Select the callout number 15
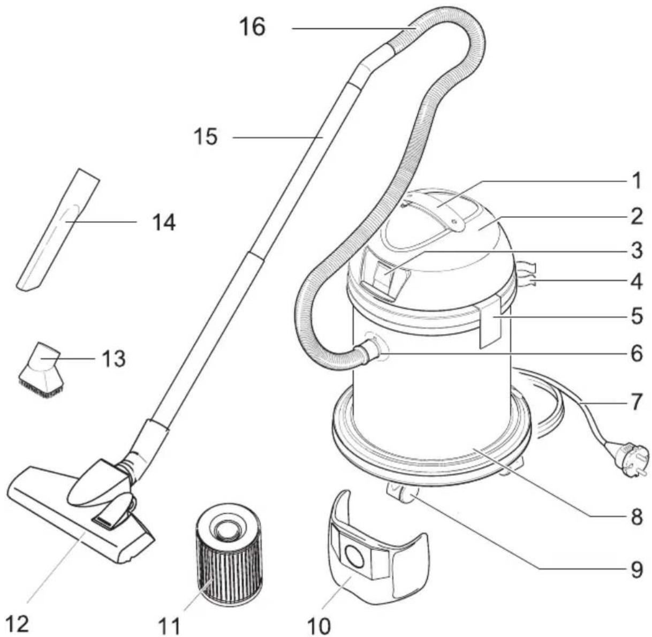pos(206,137)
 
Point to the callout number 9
pos(635,570)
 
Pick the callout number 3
pos(635,251)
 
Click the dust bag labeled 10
pos(375,557)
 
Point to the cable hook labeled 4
pos(526,276)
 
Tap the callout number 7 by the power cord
pos(635,402)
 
